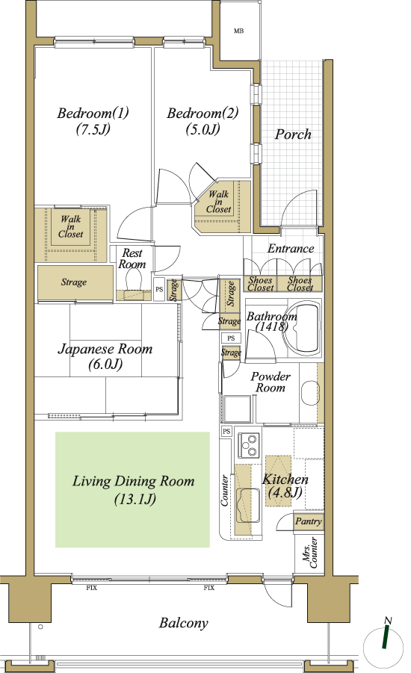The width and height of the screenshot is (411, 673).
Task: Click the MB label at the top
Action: pos(239,31)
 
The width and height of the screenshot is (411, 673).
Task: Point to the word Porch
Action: pos(294,134)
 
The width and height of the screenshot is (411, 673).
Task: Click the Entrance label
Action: pos(291,248)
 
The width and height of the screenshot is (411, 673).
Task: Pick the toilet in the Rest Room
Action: pos(132,281)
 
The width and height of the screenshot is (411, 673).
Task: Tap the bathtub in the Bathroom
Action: pos(304,329)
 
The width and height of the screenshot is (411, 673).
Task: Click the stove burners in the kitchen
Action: pos(249,444)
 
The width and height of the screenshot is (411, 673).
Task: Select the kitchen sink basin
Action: pos(248,506)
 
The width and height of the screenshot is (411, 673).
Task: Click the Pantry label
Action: pos(309,521)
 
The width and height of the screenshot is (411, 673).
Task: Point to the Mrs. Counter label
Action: pos(310,553)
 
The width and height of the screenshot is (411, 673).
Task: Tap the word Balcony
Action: pos(183,623)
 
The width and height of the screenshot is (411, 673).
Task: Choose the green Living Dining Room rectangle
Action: pos(132,490)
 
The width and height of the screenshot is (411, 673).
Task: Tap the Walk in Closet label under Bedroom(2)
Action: pos(219,202)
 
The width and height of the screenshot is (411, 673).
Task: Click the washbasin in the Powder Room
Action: pos(310,392)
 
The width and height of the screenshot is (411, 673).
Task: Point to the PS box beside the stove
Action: pos(226,431)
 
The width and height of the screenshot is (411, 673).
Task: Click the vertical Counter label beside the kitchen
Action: pos(225,490)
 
